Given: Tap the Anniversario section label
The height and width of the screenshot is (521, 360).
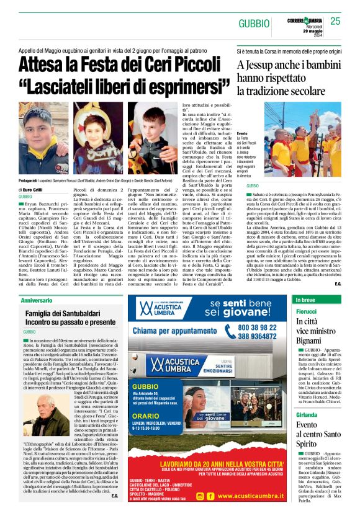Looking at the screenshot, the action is (37, 300).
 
